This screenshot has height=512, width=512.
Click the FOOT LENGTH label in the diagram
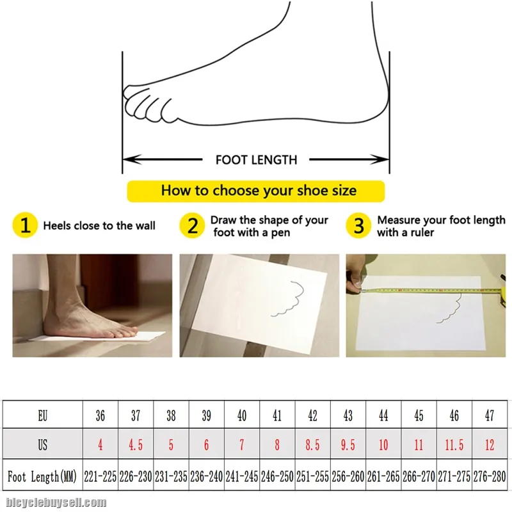[x=257, y=160]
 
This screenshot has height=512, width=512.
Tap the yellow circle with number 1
[x=25, y=225]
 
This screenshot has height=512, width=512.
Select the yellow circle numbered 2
[x=193, y=225]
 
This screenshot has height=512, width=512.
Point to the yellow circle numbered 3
[x=358, y=225]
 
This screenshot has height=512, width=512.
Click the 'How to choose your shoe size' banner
[x=255, y=191]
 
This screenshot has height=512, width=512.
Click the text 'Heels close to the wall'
[x=99, y=226]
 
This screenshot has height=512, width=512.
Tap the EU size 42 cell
[x=312, y=415]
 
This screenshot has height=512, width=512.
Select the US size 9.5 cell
[x=348, y=444]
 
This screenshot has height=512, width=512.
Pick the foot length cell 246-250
[x=277, y=476]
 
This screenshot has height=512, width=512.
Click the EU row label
[x=43, y=415]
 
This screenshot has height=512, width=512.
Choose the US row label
[x=43, y=444]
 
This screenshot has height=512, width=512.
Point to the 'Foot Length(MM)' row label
[x=42, y=476]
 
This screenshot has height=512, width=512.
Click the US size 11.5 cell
[x=454, y=444]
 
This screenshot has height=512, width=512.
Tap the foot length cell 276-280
[x=490, y=476]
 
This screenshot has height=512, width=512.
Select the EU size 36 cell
[x=100, y=415]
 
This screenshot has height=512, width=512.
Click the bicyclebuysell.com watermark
[x=56, y=502]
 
